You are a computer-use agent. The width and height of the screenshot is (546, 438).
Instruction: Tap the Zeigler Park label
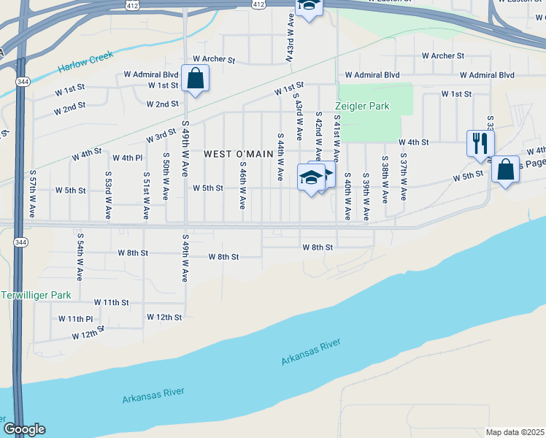[x=363, y=106]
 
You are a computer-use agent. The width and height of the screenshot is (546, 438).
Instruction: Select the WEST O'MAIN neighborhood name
[x=238, y=154]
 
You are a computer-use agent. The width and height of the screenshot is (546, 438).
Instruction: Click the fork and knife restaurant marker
[x=480, y=143]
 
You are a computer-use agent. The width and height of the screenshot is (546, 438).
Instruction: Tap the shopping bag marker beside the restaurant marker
[x=505, y=170]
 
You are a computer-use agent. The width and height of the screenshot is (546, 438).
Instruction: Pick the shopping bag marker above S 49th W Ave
[x=196, y=79]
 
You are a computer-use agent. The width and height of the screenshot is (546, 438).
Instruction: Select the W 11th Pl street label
[x=75, y=319]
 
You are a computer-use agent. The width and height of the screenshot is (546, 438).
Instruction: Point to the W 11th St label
[x=111, y=301]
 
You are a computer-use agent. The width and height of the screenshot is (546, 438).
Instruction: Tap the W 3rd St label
[x=161, y=136]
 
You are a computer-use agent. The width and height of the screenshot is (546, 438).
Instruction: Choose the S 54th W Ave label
[x=79, y=257]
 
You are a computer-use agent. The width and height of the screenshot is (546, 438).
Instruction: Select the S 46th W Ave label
[x=242, y=185]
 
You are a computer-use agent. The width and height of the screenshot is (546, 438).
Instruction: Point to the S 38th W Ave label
[x=384, y=177]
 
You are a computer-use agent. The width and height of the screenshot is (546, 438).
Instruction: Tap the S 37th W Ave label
[x=402, y=177]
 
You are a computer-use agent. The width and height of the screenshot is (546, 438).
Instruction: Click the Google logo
[x=24, y=429]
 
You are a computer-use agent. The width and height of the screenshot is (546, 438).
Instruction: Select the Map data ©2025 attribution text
[x=515, y=432]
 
